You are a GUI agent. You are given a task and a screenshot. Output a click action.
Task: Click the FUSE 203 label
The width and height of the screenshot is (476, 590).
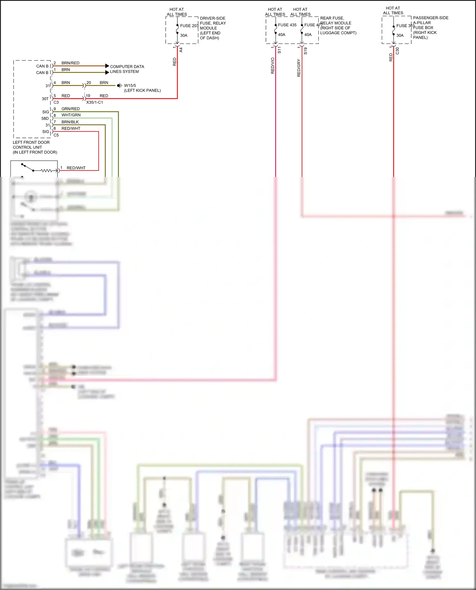[x=189, y=26]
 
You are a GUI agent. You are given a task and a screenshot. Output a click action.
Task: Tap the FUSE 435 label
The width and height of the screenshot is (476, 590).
[x=287, y=25]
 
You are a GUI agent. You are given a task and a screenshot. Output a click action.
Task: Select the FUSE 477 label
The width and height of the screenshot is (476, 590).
[x=313, y=25]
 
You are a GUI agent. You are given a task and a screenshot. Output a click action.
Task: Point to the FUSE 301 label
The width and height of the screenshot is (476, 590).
[x=405, y=26]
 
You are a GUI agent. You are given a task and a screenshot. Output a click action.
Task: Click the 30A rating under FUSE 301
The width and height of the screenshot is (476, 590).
[x=400, y=36]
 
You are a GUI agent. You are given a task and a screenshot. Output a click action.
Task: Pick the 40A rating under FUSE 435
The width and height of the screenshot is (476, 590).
[x=281, y=35]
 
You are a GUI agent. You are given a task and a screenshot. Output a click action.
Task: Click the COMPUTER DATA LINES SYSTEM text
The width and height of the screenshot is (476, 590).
[x=127, y=69]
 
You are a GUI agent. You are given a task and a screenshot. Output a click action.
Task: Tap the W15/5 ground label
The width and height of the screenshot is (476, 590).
[x=130, y=86]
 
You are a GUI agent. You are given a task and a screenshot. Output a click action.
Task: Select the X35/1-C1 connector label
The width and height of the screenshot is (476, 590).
[x=95, y=102]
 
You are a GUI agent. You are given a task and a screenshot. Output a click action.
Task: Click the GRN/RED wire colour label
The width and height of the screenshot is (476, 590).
[x=70, y=109]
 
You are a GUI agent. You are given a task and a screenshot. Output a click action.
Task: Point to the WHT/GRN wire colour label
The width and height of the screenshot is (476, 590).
[x=71, y=115]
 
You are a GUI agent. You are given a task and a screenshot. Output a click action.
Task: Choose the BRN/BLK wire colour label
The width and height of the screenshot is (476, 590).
[x=70, y=122]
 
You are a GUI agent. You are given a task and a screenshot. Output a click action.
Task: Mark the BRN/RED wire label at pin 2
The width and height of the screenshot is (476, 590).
[x=70, y=63]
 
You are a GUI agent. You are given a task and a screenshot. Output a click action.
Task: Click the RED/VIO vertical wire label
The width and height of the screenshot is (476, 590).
[x=273, y=66]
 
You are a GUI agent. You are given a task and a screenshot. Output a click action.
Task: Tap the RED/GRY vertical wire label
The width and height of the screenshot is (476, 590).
[x=299, y=68]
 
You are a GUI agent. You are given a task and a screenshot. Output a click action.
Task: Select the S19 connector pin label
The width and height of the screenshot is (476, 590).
[x=306, y=51]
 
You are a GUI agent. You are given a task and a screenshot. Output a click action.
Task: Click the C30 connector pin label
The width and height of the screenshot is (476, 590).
[x=397, y=51]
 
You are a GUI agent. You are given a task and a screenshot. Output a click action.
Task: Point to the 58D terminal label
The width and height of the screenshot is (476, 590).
[x=45, y=119]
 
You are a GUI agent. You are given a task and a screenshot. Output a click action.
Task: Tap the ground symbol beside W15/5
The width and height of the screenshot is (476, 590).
[x=119, y=86]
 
